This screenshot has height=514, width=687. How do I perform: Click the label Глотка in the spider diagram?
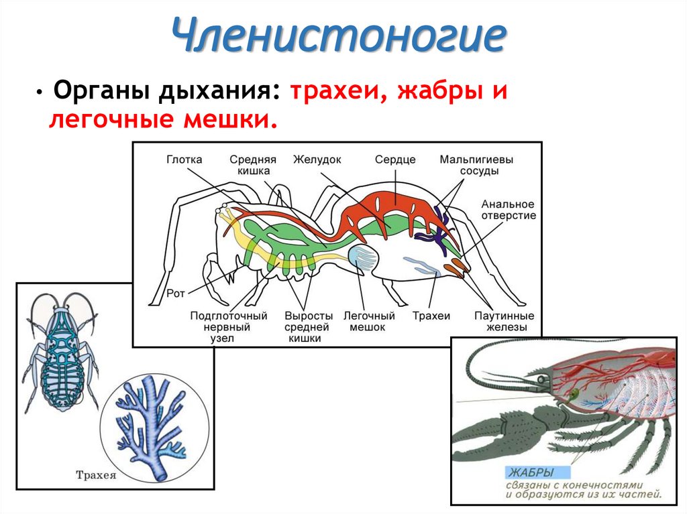[184, 159]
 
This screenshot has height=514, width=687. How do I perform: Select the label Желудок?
[317, 159]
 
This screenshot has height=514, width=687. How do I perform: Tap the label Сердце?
[395, 159]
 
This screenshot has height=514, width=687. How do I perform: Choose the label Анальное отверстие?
[508, 210]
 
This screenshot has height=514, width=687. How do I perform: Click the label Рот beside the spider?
[176, 294]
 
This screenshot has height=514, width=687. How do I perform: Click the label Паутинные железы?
[504, 321]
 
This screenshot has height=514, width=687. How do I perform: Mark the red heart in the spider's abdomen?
[396, 198]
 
